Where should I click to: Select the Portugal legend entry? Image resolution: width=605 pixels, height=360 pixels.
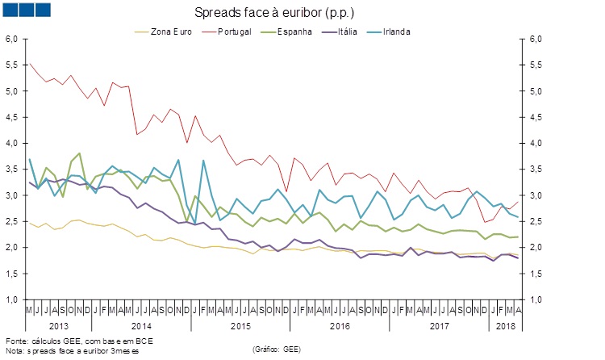236,31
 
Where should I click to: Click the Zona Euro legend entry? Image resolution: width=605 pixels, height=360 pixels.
169,31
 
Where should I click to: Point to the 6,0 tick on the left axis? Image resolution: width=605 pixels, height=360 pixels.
12,39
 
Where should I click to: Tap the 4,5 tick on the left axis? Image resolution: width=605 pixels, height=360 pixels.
12,117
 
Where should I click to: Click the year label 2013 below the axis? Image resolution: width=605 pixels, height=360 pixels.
59,325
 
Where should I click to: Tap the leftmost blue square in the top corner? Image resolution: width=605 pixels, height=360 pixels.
10,10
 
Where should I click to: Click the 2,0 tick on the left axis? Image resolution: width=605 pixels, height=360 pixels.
12,247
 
